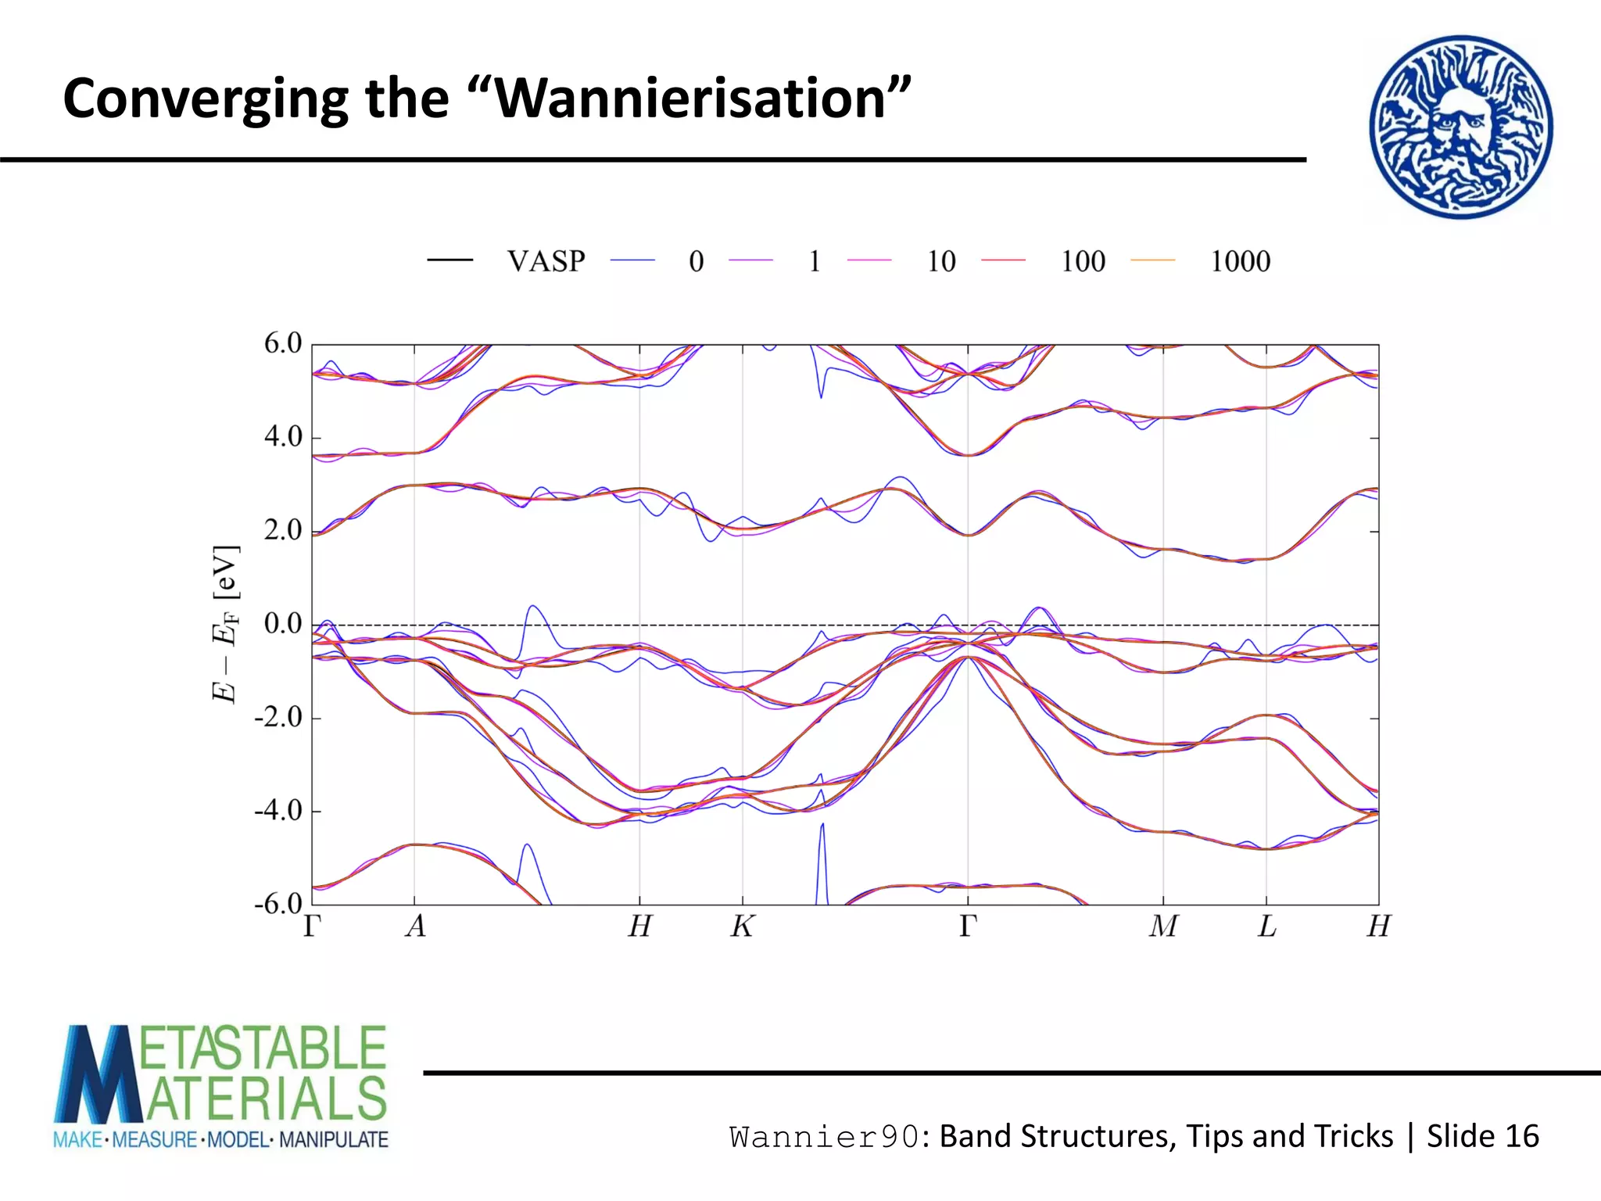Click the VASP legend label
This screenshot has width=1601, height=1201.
[546, 261]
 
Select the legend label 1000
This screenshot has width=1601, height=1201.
[1240, 261]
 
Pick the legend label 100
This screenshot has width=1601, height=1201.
[1083, 261]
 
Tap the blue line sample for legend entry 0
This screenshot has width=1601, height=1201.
[632, 260]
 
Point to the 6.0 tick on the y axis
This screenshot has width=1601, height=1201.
[282, 343]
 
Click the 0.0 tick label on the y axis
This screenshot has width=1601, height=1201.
[282, 624]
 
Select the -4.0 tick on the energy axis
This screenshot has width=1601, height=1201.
[278, 811]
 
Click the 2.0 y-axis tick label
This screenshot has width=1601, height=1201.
[282, 530]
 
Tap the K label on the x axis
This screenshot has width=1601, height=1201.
[742, 927]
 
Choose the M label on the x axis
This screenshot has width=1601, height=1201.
[1163, 927]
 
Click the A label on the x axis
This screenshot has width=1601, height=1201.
[415, 927]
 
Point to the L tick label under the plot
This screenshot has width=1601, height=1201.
[1266, 927]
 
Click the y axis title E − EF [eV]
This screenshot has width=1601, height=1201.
[225, 624]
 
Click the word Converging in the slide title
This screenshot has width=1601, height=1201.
[206, 100]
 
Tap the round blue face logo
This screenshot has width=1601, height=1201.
[1460, 127]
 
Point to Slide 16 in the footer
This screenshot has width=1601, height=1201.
[1482, 1136]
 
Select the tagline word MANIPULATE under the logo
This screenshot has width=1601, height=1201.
[334, 1140]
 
